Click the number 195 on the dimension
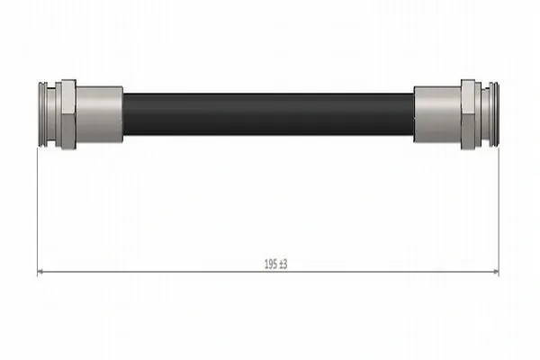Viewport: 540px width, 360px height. point(270,265)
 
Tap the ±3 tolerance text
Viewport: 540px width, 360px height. point(283,265)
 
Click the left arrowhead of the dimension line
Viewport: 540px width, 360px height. point(40,272)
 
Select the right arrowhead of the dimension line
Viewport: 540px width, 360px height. point(496,272)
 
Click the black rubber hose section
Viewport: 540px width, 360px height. point(268,114)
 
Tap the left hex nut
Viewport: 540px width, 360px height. point(69,114)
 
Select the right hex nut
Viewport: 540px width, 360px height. point(468,114)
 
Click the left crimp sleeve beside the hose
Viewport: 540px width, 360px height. point(100,114)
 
